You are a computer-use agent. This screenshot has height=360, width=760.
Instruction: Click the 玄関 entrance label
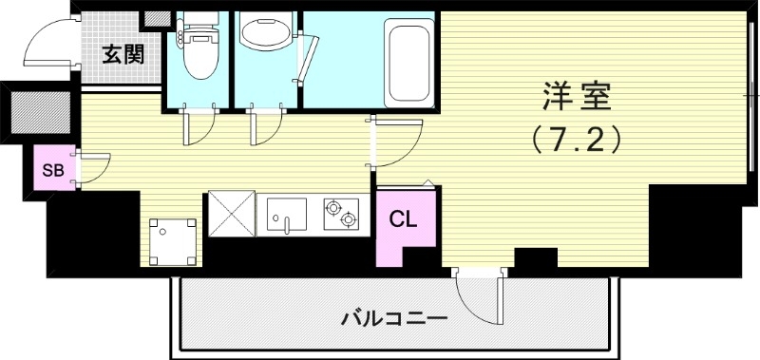123,54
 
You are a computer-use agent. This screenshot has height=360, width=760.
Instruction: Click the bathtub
409,62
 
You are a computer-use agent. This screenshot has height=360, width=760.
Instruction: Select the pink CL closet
402,219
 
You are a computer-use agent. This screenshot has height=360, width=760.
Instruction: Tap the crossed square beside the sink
231,214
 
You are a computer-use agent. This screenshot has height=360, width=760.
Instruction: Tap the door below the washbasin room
266,128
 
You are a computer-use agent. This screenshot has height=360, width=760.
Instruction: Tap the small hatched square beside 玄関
152,19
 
